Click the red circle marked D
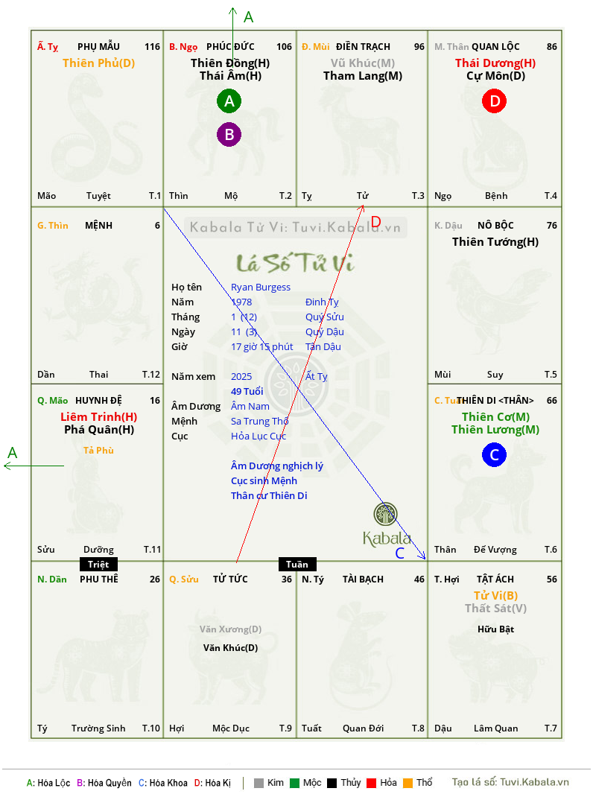[495, 101]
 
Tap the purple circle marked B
[229, 135]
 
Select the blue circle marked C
[494, 455]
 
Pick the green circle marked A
[229, 101]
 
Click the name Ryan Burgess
[261, 288]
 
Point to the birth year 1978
[241, 302]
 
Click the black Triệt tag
[98, 564]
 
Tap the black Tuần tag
[297, 564]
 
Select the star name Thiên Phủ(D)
[98, 63]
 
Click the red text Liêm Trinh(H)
[98, 417]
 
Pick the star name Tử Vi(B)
[495, 596]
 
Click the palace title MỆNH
[98, 226]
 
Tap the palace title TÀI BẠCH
[363, 580]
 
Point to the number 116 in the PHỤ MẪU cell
[152, 47]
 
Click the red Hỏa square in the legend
[371, 783]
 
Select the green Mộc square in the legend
[294, 783]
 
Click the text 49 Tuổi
[247, 391]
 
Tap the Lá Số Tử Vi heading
[296, 262]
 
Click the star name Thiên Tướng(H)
[495, 242]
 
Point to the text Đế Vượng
[495, 550]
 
